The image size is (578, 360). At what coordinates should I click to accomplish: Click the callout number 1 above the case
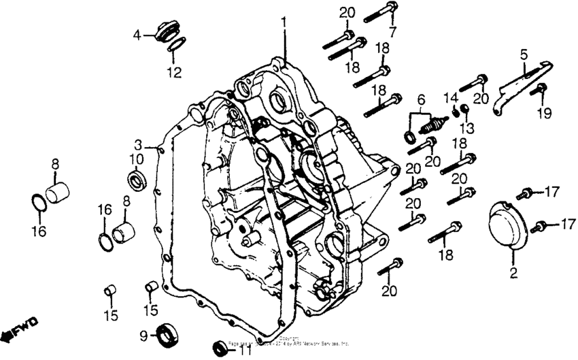click(284, 23)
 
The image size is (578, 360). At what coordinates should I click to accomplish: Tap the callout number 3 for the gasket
click(138, 144)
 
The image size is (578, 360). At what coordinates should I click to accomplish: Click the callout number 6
click(420, 99)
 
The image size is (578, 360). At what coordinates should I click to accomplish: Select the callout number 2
click(514, 274)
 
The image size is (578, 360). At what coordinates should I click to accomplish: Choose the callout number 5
click(524, 53)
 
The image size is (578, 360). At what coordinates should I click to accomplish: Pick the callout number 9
click(143, 336)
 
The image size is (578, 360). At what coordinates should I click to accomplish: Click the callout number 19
click(543, 114)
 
